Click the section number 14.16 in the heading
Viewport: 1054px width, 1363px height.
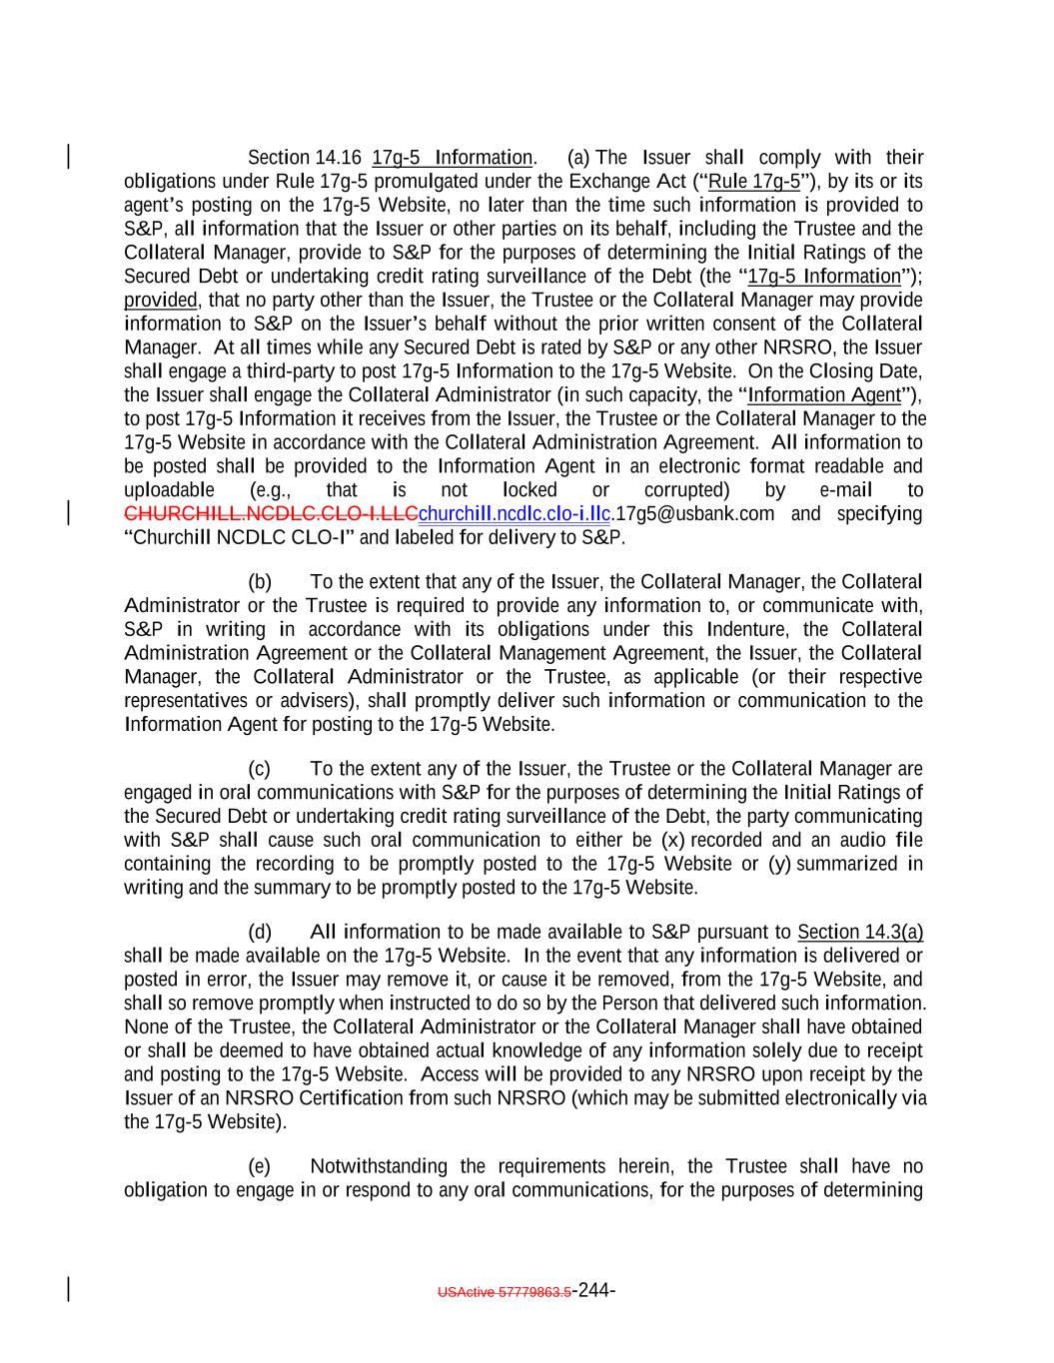[x=338, y=158]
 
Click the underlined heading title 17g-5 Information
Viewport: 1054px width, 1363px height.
[x=452, y=158]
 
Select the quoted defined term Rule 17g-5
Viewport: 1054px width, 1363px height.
[x=753, y=182]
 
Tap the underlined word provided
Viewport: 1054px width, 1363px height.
[x=160, y=300]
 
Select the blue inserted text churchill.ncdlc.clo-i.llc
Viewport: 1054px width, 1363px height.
[x=515, y=514]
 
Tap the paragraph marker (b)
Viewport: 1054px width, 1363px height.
[x=259, y=582]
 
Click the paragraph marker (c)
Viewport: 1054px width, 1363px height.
[x=259, y=769]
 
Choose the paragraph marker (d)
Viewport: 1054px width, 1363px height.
[x=259, y=933]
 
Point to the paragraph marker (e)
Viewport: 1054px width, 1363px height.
[x=259, y=1166]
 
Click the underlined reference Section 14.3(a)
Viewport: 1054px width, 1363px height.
[x=859, y=933]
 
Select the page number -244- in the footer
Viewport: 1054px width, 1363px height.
[x=594, y=1289]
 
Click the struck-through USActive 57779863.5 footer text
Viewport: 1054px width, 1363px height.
[x=505, y=1291]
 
